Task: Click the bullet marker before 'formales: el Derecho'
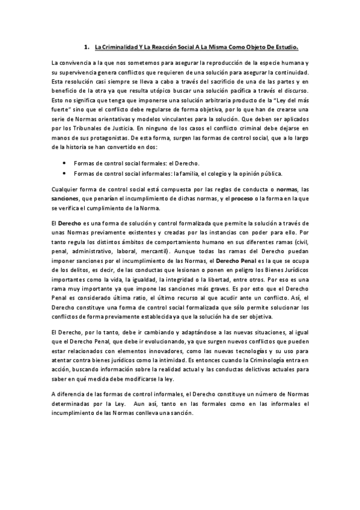(64, 163)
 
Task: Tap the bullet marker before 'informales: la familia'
(64, 174)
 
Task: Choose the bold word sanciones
(69, 200)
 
